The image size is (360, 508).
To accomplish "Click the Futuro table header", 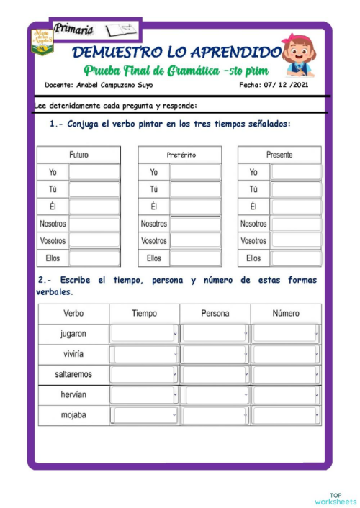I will coord(79,155).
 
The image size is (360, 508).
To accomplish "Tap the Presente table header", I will coord(279,155).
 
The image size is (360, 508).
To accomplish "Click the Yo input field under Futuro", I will coord(94,173).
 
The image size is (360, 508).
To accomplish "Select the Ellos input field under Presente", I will coord(296,258).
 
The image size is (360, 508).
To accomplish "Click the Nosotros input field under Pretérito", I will coord(195,224).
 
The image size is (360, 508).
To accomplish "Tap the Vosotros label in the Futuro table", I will coord(53,241).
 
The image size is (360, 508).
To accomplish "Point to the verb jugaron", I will coord(73,334).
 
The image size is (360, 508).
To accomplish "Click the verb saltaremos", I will coord(73,375).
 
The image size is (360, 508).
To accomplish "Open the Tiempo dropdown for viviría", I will coord(145,355).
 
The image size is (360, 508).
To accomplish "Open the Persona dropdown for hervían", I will coord(215,396).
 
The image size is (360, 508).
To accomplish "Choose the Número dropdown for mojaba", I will coord(286,416).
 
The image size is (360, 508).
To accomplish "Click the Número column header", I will coord(286,314).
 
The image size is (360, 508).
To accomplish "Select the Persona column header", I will coord(215,314).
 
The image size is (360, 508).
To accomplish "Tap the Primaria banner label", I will coord(73,30).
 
